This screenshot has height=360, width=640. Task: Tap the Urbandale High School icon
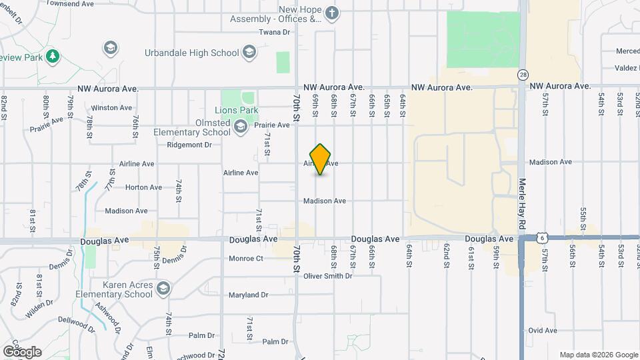tap(249, 53)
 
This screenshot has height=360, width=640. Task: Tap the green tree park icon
tap(52, 57)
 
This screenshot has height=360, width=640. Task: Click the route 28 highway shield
tap(523, 75)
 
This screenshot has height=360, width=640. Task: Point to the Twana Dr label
tap(275, 32)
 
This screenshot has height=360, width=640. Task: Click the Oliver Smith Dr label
tap(327, 277)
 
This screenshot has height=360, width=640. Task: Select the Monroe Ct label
tap(246, 258)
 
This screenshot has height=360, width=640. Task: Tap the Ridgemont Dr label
tap(189, 144)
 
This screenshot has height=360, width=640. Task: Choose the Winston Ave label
tap(109, 107)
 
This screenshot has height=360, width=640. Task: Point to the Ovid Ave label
tap(542, 330)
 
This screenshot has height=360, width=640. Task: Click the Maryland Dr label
tap(248, 295)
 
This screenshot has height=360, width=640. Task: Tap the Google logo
tap(22, 351)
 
